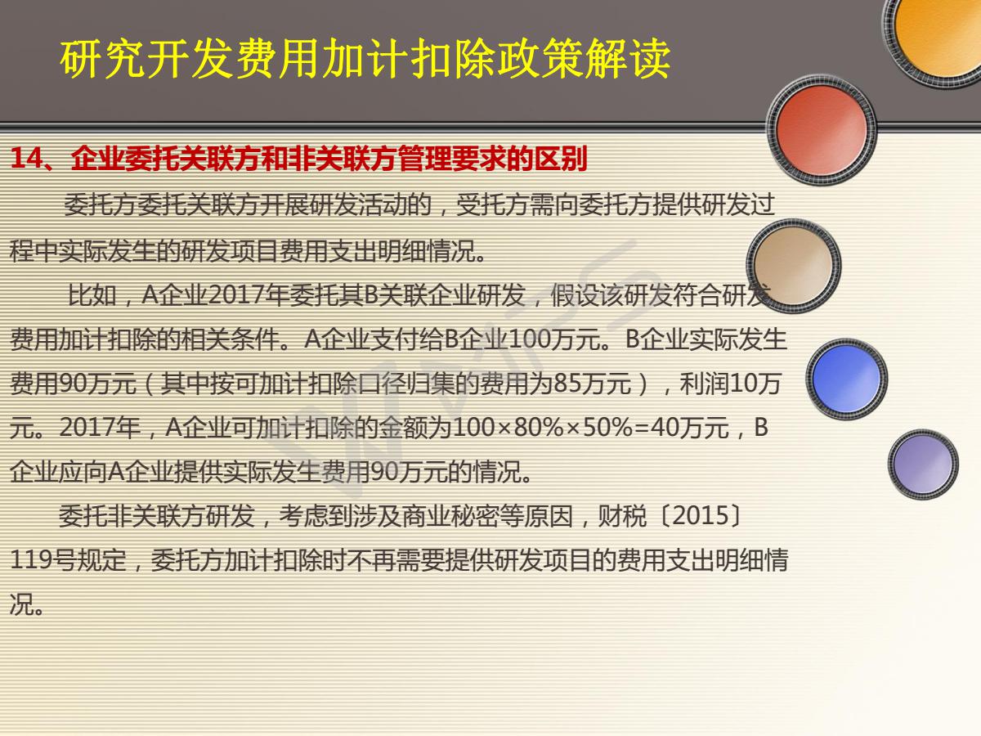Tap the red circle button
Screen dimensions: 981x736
click(x=822, y=130)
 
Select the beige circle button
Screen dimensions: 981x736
click(x=793, y=266)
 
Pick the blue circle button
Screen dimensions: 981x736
click(x=846, y=379)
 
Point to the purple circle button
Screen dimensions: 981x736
click(x=923, y=464)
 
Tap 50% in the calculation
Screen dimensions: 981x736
click(x=608, y=428)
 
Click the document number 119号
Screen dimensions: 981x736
click(x=43, y=560)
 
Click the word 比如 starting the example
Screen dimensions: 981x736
click(x=92, y=295)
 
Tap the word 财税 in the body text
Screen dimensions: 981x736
click(x=622, y=516)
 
